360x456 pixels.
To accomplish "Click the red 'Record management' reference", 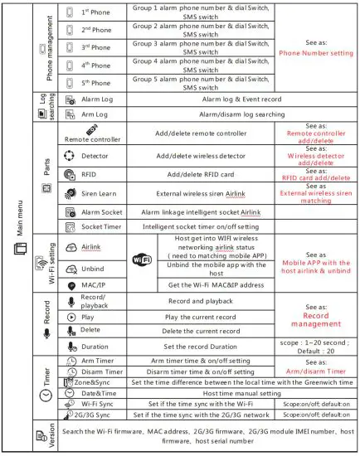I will pos(317,320).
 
